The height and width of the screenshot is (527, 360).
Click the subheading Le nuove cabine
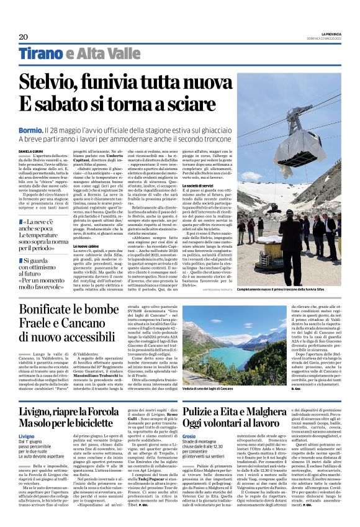86,245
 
